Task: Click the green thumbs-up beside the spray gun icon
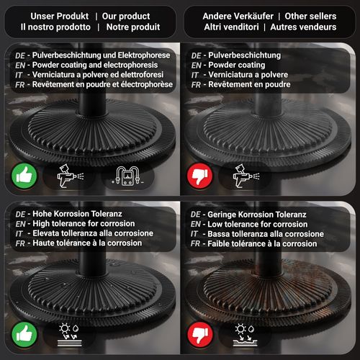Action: point(24,176)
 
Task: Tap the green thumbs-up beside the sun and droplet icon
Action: point(24,334)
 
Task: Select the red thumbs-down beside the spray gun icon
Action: point(200,176)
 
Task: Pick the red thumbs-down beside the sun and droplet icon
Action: point(200,334)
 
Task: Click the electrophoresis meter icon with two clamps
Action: point(127,176)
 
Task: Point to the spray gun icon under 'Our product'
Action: point(70,176)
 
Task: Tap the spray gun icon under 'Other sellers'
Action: point(246,176)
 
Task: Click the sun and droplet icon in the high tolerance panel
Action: point(69,335)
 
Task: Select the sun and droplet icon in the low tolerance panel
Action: point(245,335)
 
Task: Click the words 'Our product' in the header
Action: point(126,17)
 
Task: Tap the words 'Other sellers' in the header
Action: point(310,17)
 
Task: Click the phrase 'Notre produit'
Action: point(133,27)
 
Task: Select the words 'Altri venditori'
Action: point(231,27)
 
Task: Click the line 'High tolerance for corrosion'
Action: point(84,224)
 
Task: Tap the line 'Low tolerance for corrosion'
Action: point(258,225)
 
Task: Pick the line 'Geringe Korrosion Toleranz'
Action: point(257,215)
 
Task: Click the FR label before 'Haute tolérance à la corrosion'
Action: point(20,243)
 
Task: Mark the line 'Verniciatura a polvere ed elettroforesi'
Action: point(98,75)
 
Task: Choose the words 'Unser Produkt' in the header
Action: point(60,17)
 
